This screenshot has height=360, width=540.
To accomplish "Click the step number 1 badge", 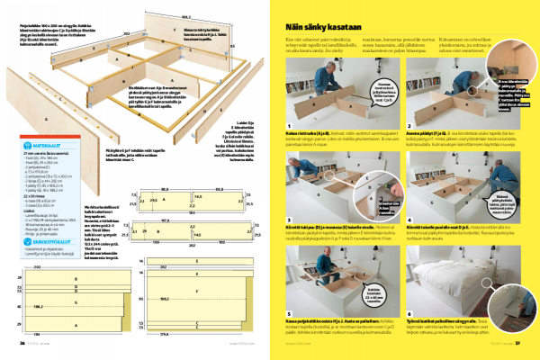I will pos(288,126).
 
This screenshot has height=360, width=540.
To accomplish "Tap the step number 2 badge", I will pos(408,126).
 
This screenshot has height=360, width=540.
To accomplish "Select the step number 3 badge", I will pos(288,218).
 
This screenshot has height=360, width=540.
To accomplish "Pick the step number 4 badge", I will pos(408,218).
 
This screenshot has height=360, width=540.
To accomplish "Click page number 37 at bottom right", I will pos(518,342).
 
